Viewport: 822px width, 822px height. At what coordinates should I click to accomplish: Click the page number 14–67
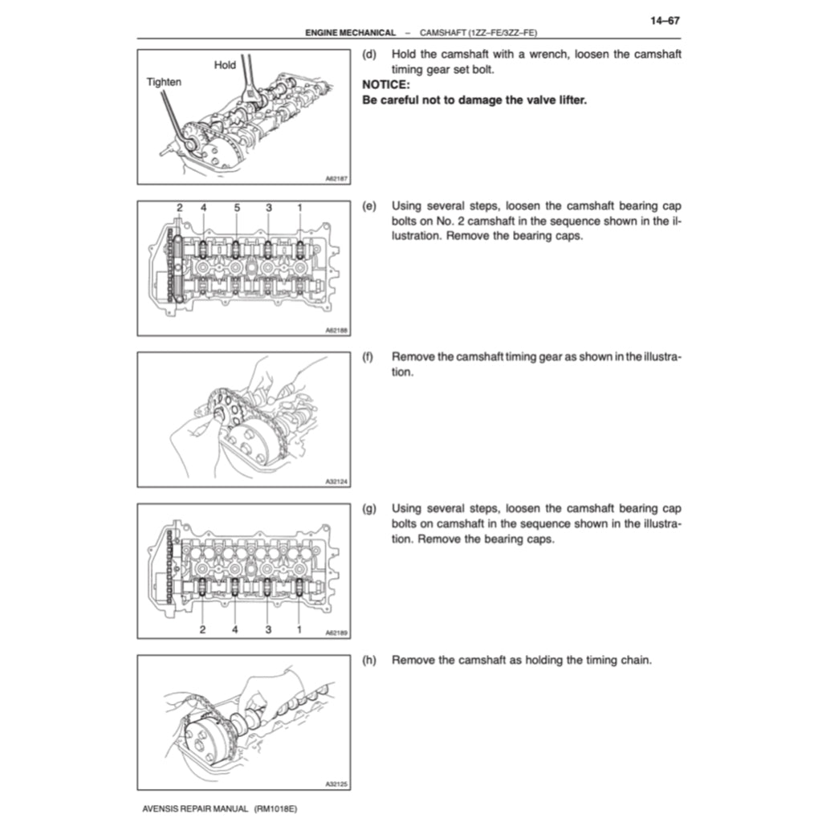tap(664, 22)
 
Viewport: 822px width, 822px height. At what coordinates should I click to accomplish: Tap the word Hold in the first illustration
tap(225, 65)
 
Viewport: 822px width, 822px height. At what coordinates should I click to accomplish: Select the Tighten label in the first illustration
tap(163, 81)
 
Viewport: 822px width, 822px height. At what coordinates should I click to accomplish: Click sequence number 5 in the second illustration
tap(237, 208)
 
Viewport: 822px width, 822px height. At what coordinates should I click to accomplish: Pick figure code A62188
tap(336, 330)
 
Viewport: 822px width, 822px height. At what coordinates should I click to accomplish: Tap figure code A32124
tap(336, 482)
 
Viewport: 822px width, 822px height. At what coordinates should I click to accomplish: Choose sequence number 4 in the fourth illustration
tap(235, 629)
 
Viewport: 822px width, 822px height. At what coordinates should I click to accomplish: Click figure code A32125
tap(336, 784)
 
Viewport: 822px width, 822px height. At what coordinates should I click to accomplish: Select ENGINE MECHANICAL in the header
tap(350, 32)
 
